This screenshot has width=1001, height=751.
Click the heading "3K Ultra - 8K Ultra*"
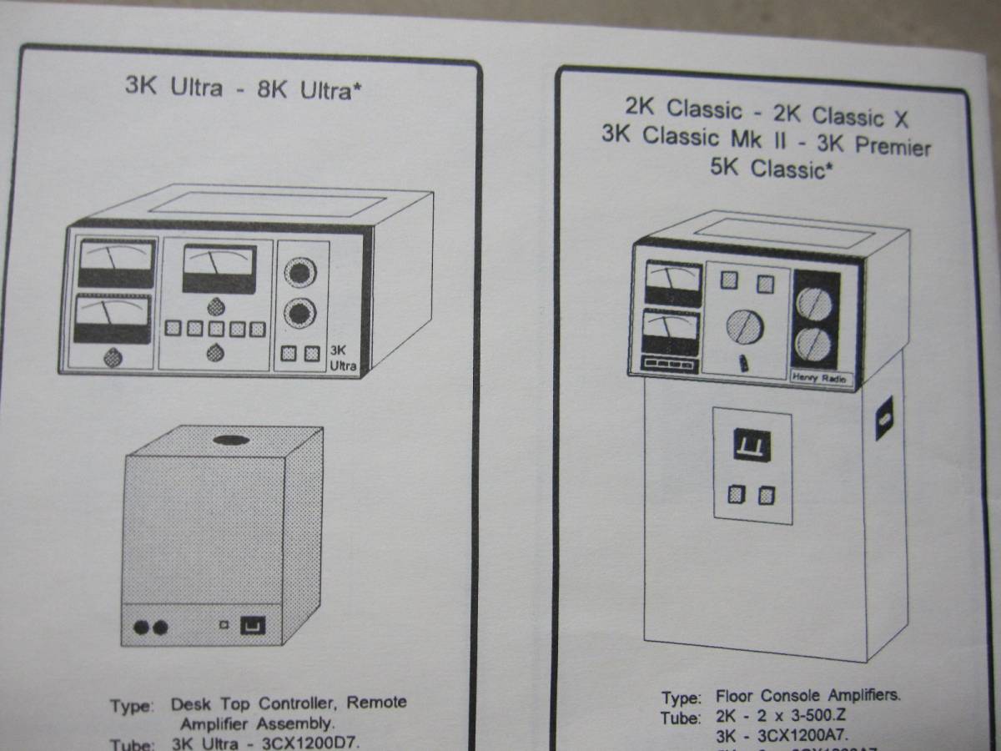[x=244, y=88]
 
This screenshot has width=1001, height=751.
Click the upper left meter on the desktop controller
[x=116, y=264]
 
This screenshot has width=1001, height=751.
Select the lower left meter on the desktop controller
[x=113, y=319]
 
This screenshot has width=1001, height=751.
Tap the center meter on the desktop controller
[x=219, y=269]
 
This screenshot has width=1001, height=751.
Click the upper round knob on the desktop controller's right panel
[x=300, y=273]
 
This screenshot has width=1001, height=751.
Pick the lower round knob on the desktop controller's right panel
[x=300, y=314]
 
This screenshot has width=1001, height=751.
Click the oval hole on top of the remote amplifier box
[x=235, y=440]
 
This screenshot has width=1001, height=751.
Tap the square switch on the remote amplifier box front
[x=253, y=625]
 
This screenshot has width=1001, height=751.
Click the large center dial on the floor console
[x=744, y=325]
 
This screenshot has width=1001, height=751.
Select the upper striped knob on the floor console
[x=813, y=303]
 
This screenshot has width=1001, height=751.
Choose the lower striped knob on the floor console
[x=813, y=344]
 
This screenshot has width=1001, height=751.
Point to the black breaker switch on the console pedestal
[x=752, y=446]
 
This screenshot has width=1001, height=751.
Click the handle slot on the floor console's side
[x=883, y=419]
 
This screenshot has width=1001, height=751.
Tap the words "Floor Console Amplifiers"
[x=807, y=695]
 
